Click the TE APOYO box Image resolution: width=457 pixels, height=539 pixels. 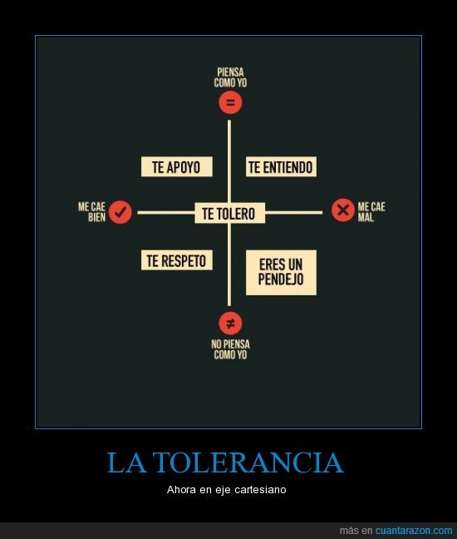176,166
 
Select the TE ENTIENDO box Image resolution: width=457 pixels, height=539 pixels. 281,166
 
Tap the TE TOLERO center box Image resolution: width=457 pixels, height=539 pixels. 229,213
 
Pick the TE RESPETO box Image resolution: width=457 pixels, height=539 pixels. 176,260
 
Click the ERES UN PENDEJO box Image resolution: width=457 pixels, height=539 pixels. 281,272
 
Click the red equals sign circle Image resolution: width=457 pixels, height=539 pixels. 230,102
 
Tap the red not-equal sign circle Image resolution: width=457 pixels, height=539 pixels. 230,323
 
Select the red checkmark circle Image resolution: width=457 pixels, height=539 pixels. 120,212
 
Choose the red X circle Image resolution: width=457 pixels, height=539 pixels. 343,210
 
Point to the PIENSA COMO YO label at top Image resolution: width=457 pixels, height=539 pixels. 230,77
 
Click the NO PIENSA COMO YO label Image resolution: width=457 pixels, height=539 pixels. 230,349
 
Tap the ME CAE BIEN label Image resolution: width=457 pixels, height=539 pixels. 91,212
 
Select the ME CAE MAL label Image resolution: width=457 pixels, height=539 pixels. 371,212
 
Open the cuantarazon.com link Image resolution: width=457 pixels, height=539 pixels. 414,531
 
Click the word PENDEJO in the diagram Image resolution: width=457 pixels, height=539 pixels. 281,279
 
